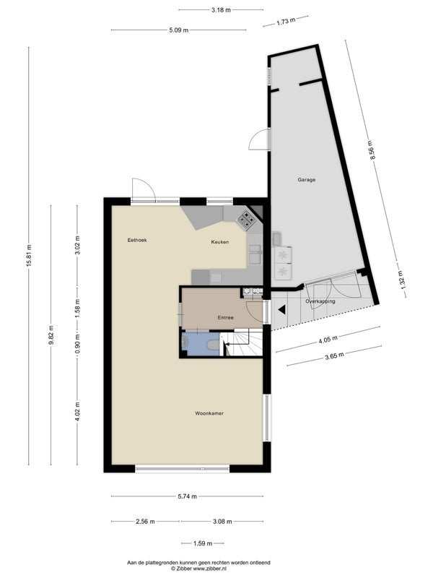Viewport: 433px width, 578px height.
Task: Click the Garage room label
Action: tap(306, 180)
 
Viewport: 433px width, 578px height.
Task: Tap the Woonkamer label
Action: tap(209, 413)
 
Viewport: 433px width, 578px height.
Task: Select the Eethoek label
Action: tap(137, 240)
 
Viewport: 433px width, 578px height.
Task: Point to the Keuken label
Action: tap(220, 242)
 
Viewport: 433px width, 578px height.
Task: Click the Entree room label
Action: tap(225, 317)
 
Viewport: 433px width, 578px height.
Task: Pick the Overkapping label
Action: tap(320, 301)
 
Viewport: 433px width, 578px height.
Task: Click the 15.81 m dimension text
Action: tap(29, 256)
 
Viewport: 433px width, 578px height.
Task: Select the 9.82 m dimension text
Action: tap(51, 335)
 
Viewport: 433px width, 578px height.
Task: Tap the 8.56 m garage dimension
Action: tap(372, 150)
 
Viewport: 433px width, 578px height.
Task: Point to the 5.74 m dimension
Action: tap(187, 496)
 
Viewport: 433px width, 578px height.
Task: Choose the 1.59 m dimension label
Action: tap(203, 543)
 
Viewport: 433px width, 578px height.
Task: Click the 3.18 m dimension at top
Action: tap(221, 10)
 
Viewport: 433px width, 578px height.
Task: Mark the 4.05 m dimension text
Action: tap(328, 340)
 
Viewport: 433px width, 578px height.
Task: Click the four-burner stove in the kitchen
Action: tap(246, 220)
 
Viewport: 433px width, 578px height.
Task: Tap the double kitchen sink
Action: tap(255, 254)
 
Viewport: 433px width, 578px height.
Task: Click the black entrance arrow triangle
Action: tap(281, 310)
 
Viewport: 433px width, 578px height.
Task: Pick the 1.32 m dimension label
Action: tap(401, 280)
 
